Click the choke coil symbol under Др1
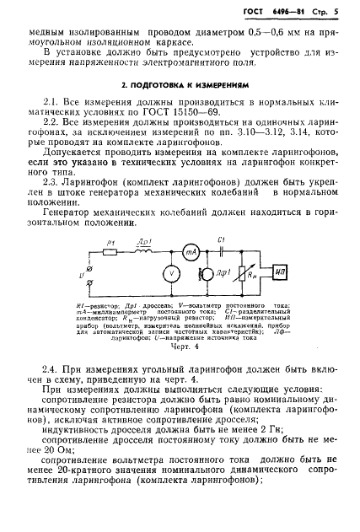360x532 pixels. point(148,250)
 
